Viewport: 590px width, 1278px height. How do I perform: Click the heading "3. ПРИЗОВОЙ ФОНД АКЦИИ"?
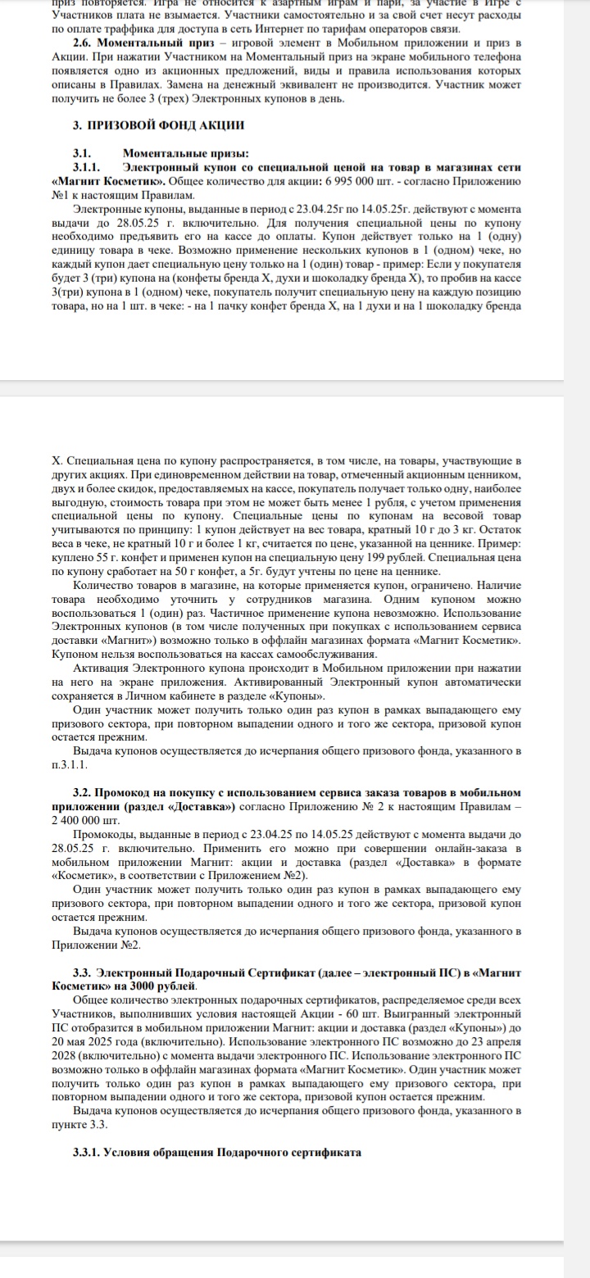pyautogui.click(x=158, y=125)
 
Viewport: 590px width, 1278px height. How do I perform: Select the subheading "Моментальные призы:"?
pyautogui.click(x=174, y=153)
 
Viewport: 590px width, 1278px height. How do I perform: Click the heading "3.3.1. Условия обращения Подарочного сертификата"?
pyautogui.click(x=217, y=1151)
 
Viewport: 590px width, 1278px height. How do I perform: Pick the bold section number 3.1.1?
pyautogui.click(x=88, y=167)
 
